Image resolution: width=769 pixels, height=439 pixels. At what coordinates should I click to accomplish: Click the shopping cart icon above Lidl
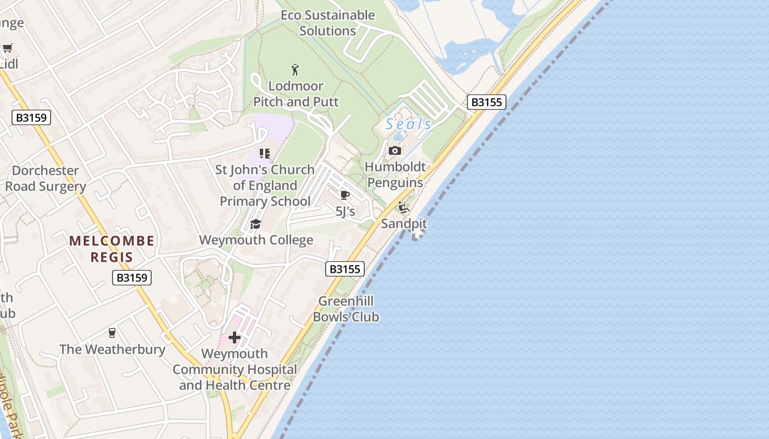point(7,48)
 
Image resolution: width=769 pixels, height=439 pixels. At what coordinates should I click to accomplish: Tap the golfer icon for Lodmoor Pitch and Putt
point(296,70)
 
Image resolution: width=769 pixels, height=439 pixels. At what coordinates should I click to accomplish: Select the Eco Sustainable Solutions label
point(328,23)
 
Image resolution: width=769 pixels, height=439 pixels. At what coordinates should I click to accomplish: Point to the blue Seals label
point(408,124)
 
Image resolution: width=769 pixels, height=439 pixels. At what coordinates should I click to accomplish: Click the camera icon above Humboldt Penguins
point(394,151)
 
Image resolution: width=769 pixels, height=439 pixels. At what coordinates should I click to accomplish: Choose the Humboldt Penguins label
point(395,175)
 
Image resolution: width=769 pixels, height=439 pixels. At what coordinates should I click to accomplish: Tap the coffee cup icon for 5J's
point(345,195)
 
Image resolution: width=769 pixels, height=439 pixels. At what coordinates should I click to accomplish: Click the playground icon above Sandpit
point(404,208)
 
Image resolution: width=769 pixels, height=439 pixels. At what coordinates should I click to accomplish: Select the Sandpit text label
point(404,224)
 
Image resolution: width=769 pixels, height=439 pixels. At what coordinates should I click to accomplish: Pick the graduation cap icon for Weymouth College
point(255,224)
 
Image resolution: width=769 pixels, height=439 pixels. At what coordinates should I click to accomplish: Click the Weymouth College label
point(256,240)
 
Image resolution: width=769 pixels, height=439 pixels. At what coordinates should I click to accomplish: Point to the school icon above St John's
point(265,154)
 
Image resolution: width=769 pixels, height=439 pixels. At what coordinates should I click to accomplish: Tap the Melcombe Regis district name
point(112,249)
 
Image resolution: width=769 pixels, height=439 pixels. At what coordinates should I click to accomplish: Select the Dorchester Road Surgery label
point(46,178)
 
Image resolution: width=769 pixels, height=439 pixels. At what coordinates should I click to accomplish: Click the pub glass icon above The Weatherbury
point(112,333)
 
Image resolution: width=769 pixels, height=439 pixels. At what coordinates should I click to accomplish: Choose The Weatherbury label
point(112,349)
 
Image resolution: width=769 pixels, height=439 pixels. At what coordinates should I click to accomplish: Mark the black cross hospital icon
point(235,337)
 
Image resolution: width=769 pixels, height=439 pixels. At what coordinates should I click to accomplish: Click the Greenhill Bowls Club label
point(346,309)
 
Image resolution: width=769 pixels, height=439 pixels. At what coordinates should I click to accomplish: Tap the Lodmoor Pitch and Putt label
point(296,94)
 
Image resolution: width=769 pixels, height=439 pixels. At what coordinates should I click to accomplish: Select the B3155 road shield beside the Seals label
point(486,102)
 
